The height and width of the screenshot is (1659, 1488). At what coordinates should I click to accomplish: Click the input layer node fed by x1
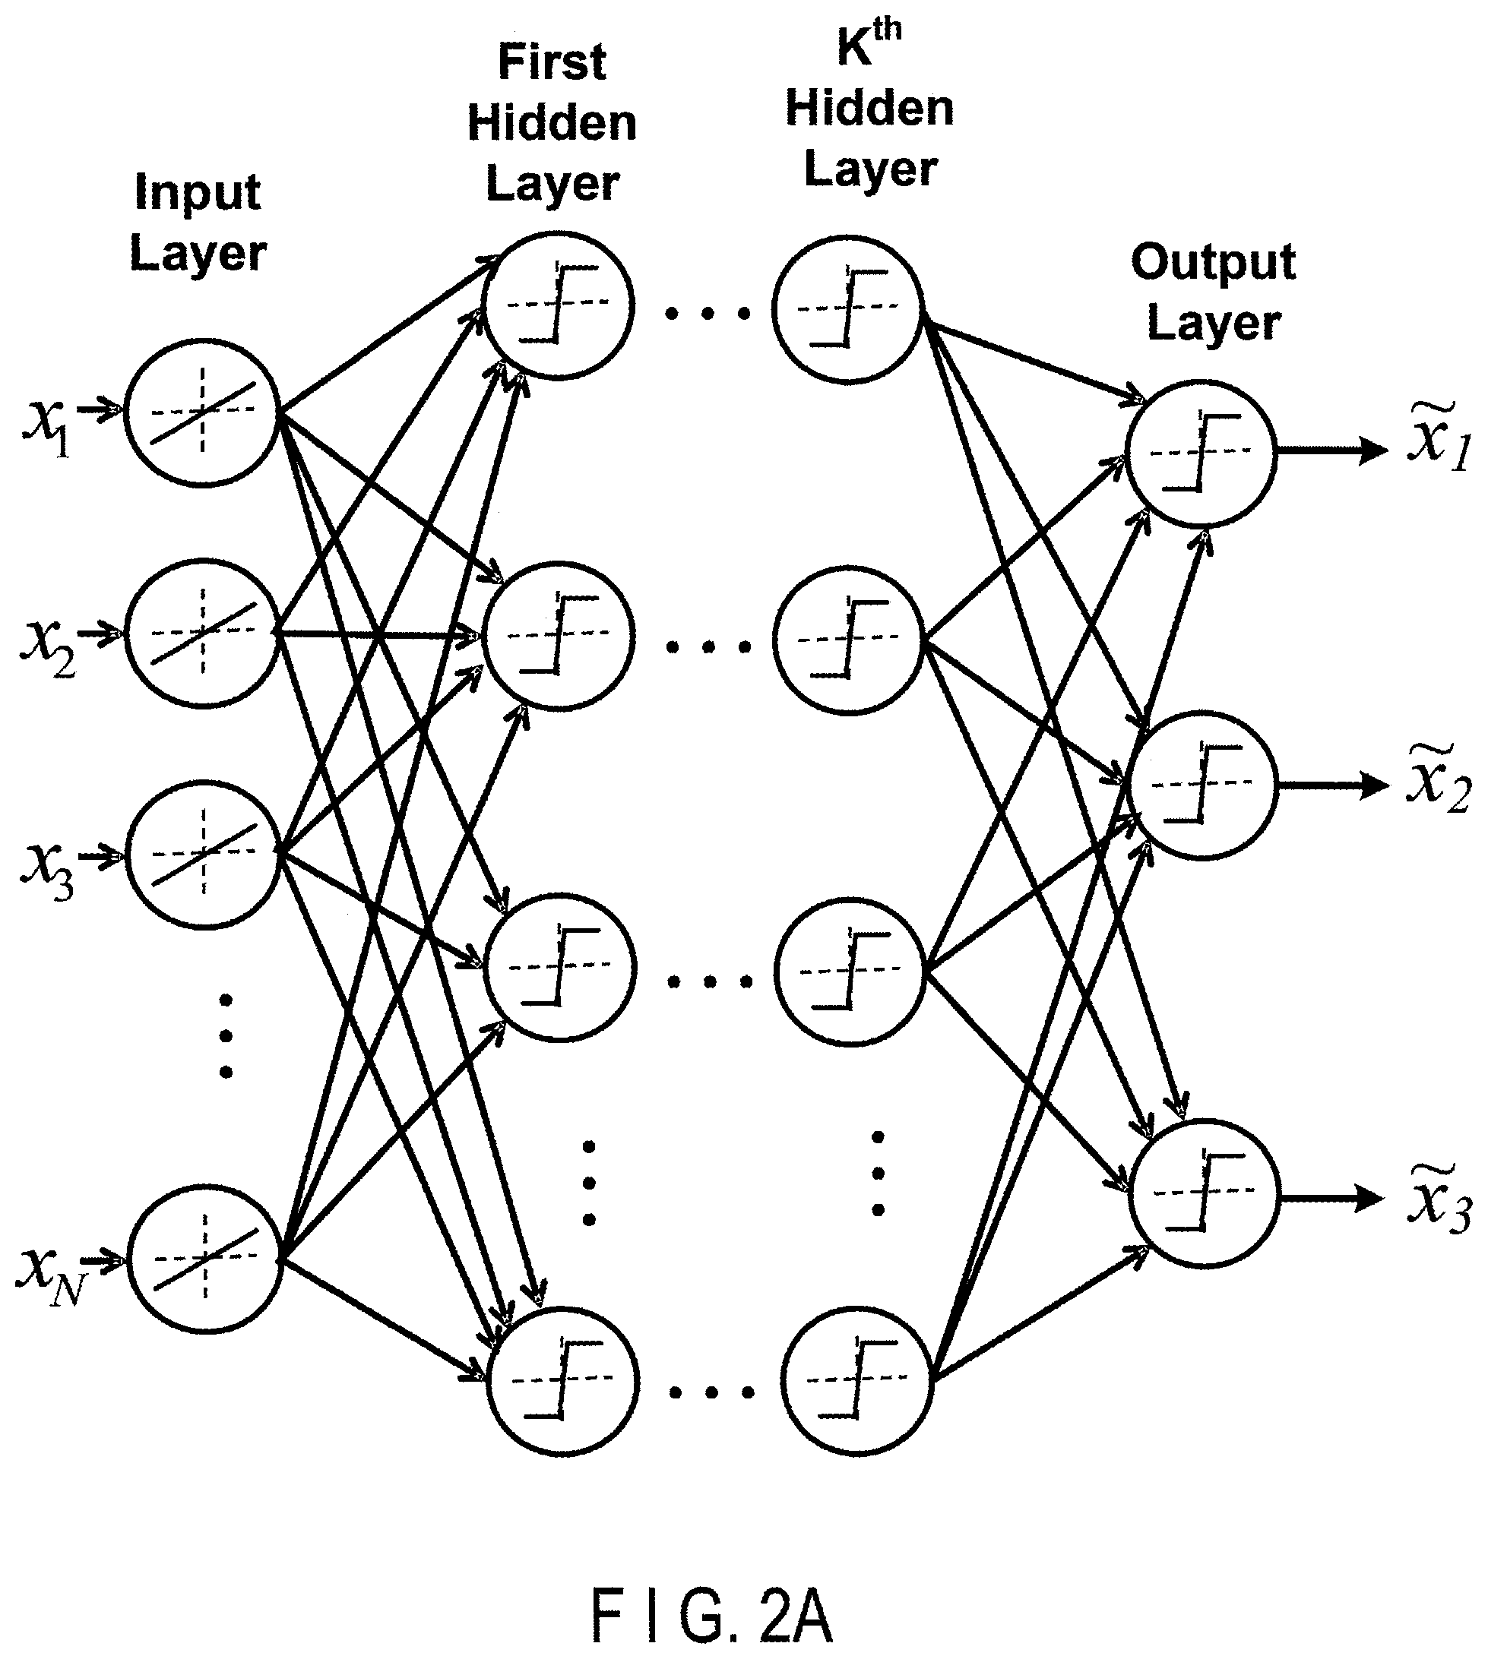(203, 412)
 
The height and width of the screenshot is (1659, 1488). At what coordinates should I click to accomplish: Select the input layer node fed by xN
(204, 1259)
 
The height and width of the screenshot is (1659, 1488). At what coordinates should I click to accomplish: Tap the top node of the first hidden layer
(559, 305)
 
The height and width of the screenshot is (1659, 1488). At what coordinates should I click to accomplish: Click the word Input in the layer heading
(198, 193)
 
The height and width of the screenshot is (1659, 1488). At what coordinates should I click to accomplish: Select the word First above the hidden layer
(552, 62)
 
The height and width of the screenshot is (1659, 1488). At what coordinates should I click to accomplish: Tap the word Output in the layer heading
(1214, 262)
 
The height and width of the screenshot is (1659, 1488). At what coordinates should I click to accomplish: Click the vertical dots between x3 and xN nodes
(226, 1035)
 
